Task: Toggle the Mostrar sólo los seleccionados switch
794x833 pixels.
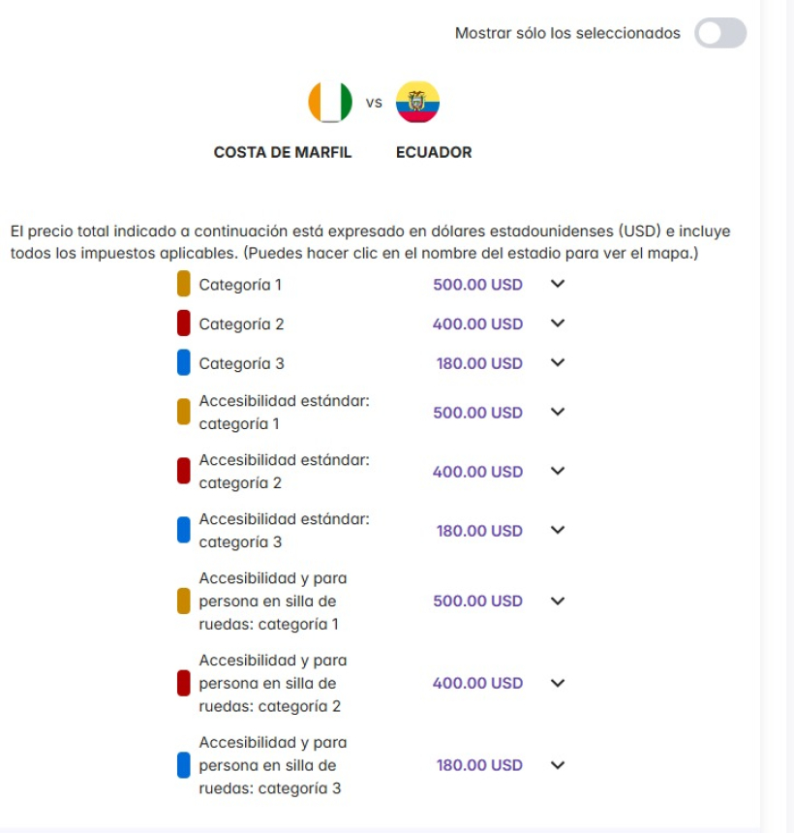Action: click(x=720, y=33)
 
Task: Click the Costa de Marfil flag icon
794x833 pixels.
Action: click(x=330, y=102)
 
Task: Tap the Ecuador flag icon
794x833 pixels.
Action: click(x=417, y=102)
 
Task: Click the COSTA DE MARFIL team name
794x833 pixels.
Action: click(x=283, y=152)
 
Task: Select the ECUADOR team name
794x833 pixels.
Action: click(x=434, y=152)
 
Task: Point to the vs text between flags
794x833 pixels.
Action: click(x=374, y=102)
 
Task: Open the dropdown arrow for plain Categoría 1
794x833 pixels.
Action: click(x=557, y=284)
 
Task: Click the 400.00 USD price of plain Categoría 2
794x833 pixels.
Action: click(x=477, y=324)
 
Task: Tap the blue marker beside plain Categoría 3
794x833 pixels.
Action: click(x=184, y=363)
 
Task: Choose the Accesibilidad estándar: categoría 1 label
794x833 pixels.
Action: click(x=284, y=412)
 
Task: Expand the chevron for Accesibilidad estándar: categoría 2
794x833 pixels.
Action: click(x=557, y=471)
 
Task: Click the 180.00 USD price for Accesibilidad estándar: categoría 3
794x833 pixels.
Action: click(x=479, y=531)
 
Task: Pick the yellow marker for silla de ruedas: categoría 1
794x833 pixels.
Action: click(x=184, y=601)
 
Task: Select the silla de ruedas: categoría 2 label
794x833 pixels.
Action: click(x=272, y=683)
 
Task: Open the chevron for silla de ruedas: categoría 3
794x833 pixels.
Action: click(x=557, y=764)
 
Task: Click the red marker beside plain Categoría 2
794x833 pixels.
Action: click(x=184, y=324)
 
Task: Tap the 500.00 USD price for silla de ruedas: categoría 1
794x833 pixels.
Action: click(x=477, y=601)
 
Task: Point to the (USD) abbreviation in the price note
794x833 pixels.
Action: click(x=641, y=231)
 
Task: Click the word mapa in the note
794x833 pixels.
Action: click(x=670, y=254)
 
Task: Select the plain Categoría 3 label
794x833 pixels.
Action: click(x=241, y=364)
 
